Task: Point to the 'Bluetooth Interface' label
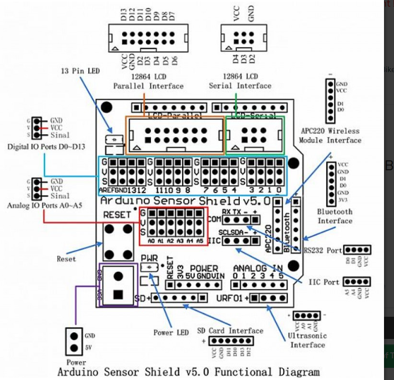tap(335, 216)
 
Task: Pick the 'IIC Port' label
tap(324, 282)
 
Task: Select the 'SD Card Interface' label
tap(230, 331)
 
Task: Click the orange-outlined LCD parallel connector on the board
tap(175, 135)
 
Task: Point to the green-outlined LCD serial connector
tap(255, 135)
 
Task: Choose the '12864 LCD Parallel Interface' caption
tap(148, 81)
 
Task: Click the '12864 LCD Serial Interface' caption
tap(240, 81)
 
